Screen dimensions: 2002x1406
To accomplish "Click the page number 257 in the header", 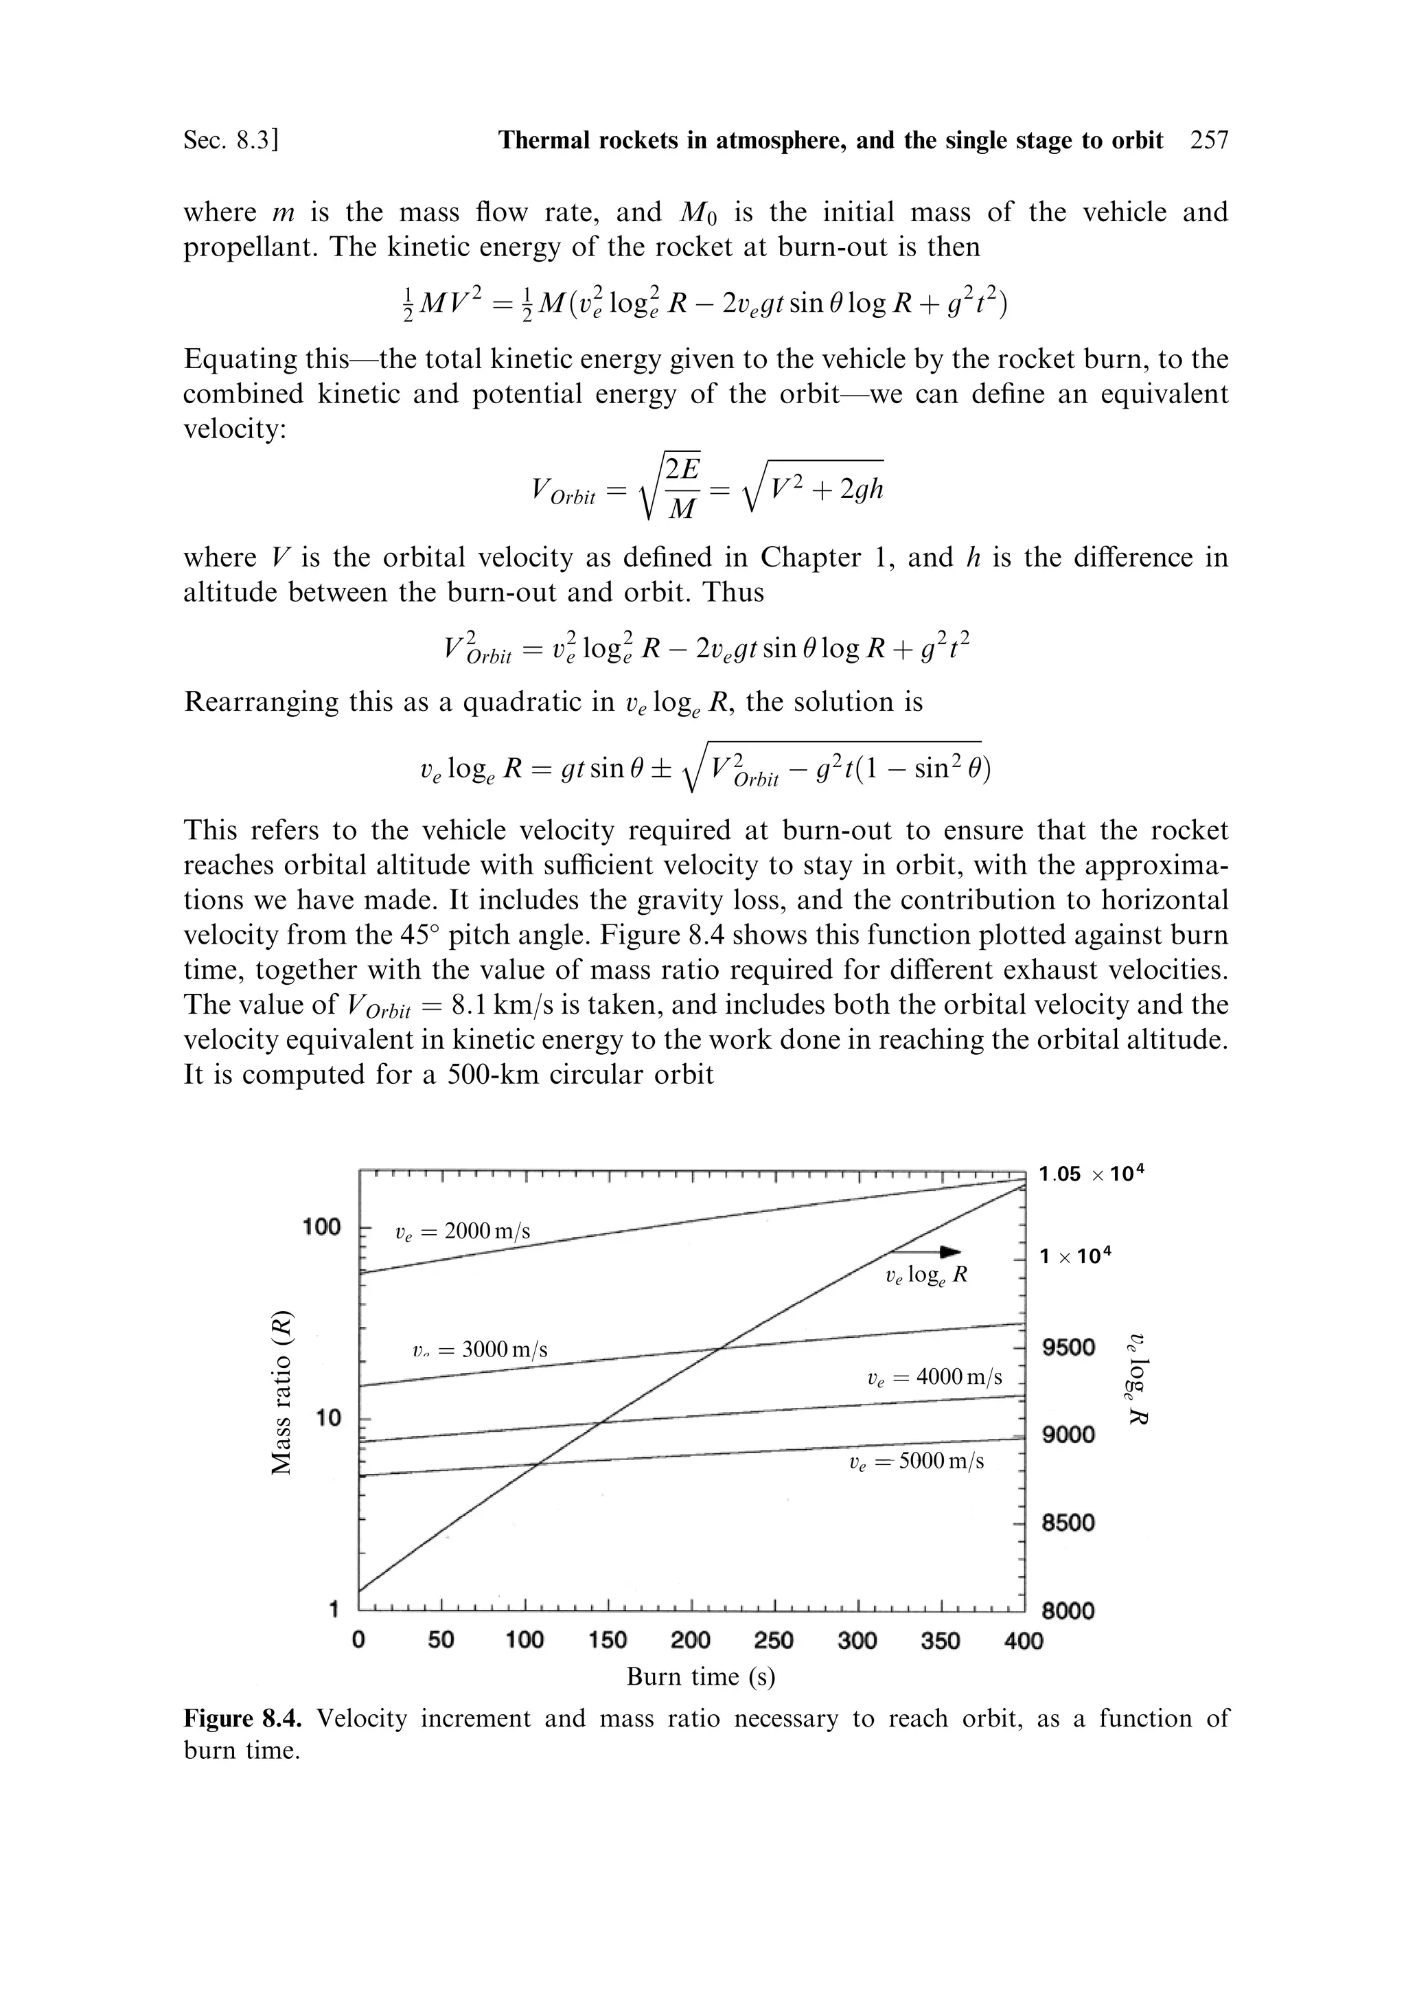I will [x=1208, y=140].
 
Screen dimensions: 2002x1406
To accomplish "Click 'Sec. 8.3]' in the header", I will [x=230, y=140].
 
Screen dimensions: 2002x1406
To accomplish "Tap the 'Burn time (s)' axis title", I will [x=701, y=1700].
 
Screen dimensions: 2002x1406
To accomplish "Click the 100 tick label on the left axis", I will [x=322, y=1226].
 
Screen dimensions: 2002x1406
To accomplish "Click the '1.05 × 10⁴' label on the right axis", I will [x=1090, y=1174].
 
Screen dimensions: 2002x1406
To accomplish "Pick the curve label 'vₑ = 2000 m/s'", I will [x=462, y=1231].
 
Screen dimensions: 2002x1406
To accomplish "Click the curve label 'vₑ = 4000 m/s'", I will [x=934, y=1377].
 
